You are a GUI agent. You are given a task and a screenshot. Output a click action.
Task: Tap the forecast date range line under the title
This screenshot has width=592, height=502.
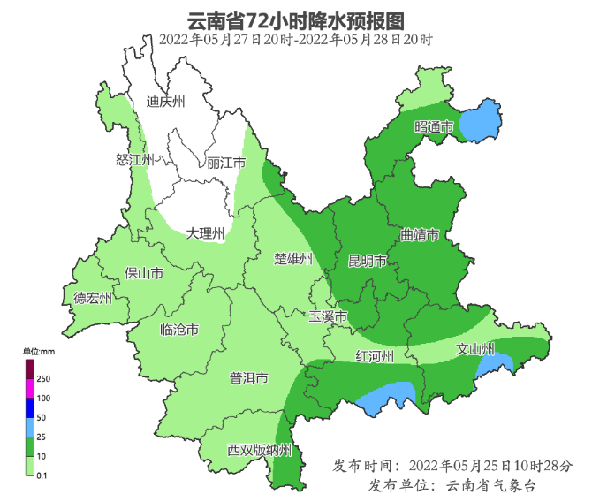[296, 40]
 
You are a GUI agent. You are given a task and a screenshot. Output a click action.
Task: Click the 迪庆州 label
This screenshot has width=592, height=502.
[166, 102]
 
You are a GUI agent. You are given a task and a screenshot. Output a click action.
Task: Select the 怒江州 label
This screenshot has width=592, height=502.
[135, 160]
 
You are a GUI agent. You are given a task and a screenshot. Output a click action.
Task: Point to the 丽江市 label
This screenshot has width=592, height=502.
[225, 163]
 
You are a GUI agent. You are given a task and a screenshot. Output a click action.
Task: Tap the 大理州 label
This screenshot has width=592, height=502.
[205, 233]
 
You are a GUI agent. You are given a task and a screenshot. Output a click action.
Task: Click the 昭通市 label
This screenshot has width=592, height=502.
[434, 127]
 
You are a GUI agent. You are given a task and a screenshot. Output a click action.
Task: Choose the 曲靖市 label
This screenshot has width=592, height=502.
[420, 235]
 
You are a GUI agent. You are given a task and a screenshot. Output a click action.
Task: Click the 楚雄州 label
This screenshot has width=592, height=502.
[293, 259]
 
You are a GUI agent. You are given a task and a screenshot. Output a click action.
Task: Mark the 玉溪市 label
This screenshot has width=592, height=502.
[328, 316]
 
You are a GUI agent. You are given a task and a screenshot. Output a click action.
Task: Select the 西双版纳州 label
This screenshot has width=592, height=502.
[259, 450]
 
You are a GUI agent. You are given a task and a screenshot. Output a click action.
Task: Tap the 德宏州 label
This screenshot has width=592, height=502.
[92, 298]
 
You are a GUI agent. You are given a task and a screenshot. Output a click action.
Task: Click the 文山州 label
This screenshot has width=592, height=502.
[474, 348]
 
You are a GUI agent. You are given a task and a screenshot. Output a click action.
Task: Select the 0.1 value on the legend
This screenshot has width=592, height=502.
[42, 475]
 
